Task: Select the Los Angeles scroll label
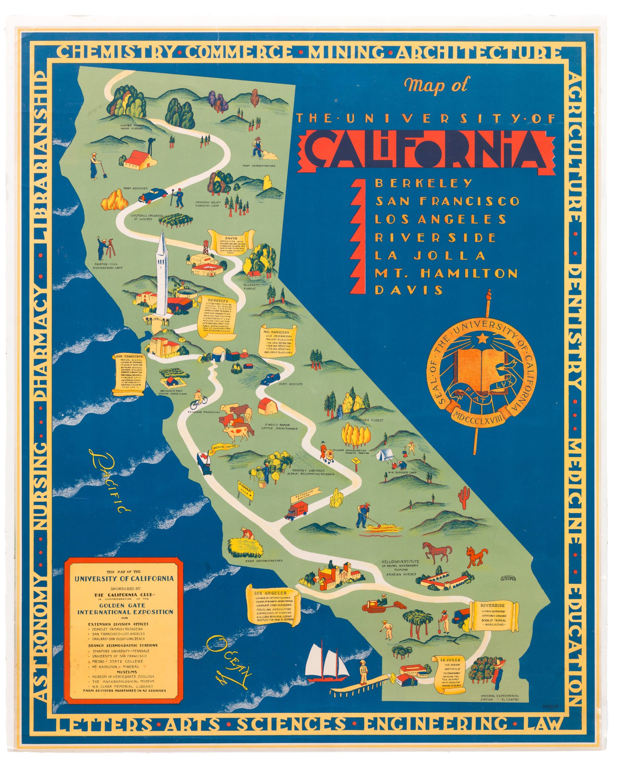click(x=273, y=610)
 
